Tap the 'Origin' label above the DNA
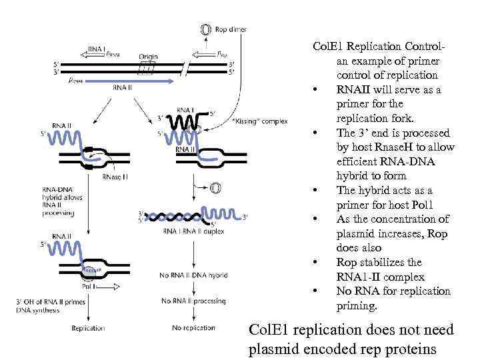pos(148,57)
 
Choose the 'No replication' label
pos(193,328)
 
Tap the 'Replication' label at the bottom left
pos(88,328)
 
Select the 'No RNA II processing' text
pos(195,301)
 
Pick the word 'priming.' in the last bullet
pos(357,306)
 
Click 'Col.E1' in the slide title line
pos(330,46)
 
